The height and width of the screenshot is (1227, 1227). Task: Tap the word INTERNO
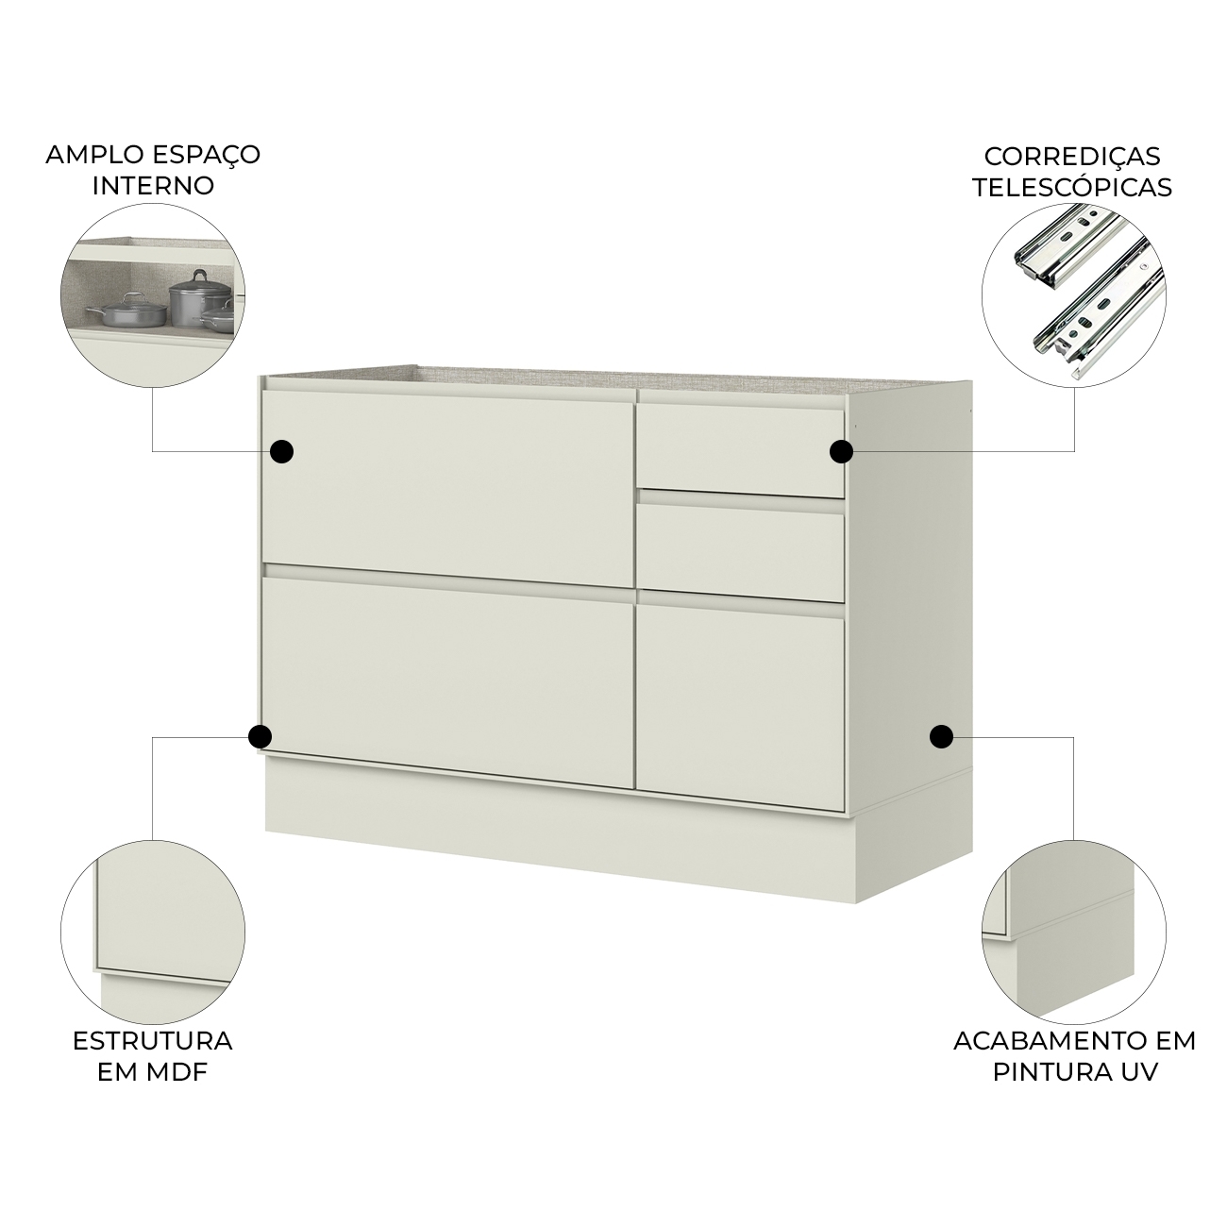153,186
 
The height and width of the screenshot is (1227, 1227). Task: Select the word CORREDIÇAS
1071,157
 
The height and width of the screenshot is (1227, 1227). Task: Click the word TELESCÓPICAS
1071,187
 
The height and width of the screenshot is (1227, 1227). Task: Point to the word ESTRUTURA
153,1041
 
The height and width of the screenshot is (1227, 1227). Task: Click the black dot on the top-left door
281,451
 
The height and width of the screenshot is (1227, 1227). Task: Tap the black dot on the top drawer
841,451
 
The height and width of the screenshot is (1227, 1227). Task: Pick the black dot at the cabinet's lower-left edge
260,737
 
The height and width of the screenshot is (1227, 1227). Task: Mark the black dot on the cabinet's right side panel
941,737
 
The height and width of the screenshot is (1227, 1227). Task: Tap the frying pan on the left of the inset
127,309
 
